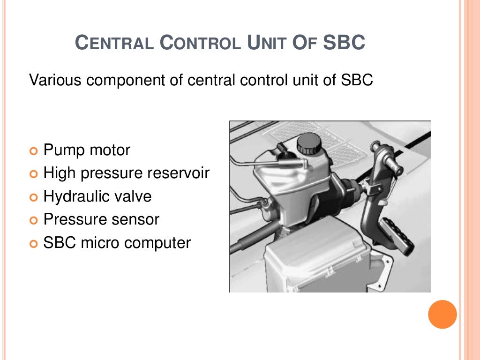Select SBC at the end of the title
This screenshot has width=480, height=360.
pos(344,43)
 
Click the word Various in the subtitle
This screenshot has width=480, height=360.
pos(55,80)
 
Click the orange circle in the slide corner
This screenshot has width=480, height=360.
pos(442,315)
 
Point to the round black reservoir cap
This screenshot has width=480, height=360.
pos(308,143)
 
